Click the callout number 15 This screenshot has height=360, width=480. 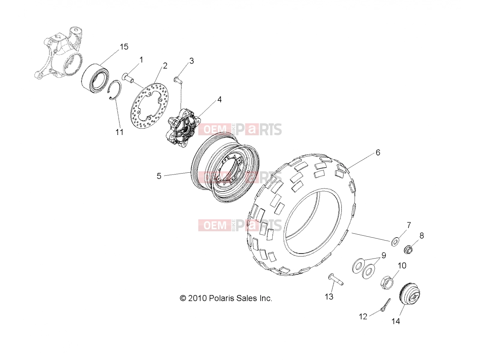pyautogui.click(x=124, y=47)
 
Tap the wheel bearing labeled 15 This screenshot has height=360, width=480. pyautogui.click(x=95, y=78)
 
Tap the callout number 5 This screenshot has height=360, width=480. pyautogui.click(x=159, y=176)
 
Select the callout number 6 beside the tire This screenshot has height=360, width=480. pyautogui.click(x=378, y=152)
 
